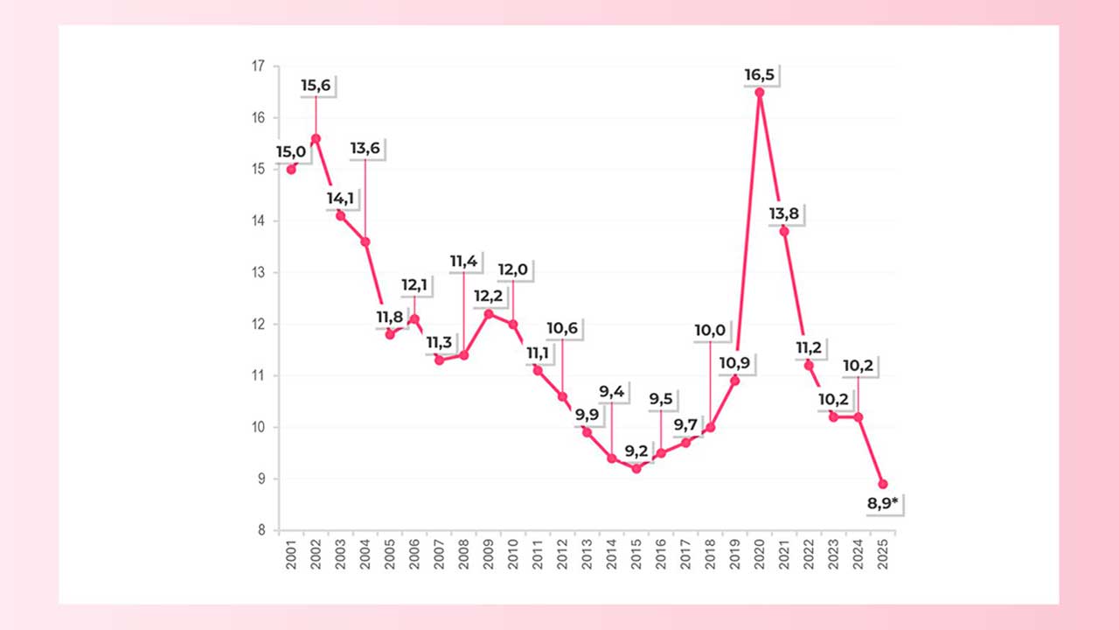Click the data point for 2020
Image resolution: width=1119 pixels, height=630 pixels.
tap(760, 92)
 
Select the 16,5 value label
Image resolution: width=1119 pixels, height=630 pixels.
tap(759, 75)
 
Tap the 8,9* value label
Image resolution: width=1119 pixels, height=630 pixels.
tap(884, 504)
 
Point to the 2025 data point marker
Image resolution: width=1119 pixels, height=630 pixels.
tap(883, 484)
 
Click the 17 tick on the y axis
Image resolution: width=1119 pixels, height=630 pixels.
tap(259, 66)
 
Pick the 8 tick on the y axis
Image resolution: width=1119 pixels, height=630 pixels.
tap(261, 530)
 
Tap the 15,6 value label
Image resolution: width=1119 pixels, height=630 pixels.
tap(316, 85)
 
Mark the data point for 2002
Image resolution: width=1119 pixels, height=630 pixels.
tap(316, 138)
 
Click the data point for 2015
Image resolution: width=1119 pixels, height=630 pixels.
tap(636, 469)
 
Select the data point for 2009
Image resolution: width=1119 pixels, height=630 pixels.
tap(488, 313)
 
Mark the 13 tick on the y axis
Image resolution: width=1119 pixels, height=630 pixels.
tap(259, 273)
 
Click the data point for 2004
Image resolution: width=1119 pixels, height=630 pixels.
tap(365, 241)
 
